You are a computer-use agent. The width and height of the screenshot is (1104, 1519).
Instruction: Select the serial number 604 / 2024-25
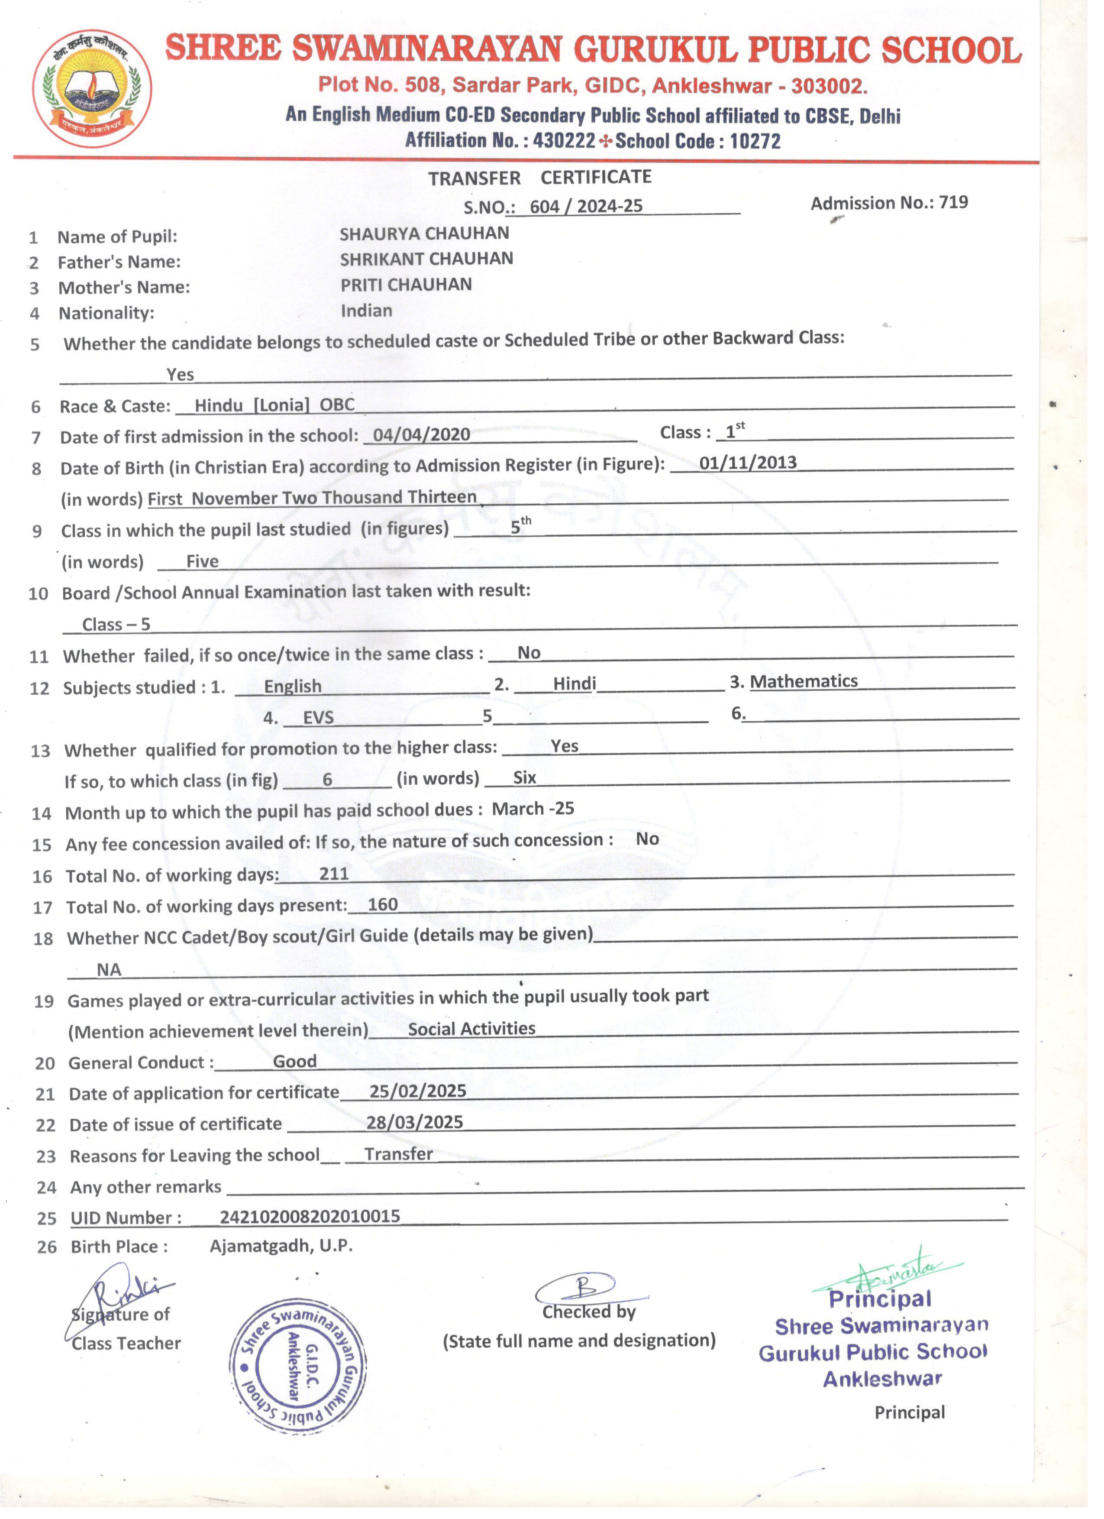[586, 206]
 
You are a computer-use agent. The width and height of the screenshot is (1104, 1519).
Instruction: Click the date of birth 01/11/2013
[748, 463]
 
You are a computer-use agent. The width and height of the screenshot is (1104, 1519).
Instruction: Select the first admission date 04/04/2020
[421, 435]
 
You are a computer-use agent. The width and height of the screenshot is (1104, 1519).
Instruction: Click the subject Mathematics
[804, 682]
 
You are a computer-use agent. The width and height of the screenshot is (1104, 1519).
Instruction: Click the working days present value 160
[383, 905]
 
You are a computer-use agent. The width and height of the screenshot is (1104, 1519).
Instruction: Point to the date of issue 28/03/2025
[414, 1123]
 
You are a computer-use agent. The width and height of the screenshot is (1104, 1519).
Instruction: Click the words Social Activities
[471, 1029]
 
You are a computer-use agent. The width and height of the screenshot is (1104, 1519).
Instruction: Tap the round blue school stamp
[297, 1366]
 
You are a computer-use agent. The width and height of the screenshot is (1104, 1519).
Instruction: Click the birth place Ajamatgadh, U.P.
[281, 1246]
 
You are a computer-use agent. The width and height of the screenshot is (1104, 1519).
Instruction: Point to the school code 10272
[755, 141]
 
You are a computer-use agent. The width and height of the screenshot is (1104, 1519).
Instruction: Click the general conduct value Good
[294, 1062]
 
